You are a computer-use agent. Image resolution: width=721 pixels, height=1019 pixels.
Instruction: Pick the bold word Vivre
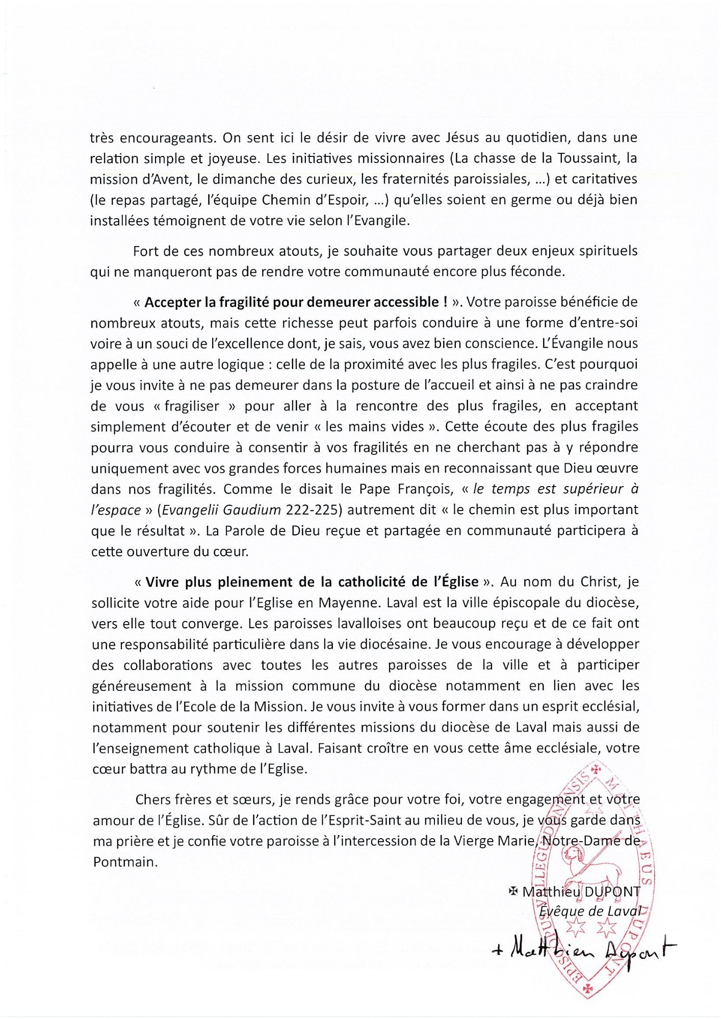coord(163,582)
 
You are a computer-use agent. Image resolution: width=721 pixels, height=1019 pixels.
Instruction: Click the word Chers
coord(154,799)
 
